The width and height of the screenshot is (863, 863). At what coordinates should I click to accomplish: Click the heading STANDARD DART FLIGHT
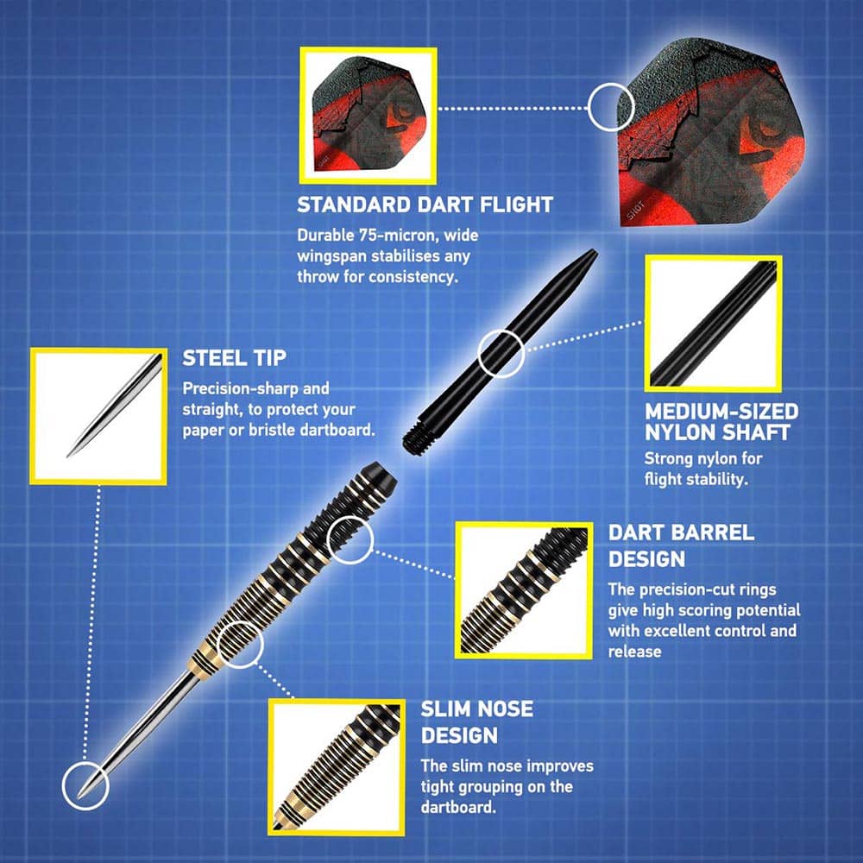(425, 205)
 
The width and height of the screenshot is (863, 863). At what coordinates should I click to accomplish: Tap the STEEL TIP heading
(234, 358)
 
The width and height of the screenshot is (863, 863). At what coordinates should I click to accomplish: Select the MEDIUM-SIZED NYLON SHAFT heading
(721, 422)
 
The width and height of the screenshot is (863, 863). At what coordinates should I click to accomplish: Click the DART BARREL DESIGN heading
(681, 545)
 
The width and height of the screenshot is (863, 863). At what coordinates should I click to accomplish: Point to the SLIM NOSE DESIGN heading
(476, 721)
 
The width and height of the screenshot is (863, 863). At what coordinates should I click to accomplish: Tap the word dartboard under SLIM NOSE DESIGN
(458, 808)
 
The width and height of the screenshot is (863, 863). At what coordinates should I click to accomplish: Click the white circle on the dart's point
(85, 786)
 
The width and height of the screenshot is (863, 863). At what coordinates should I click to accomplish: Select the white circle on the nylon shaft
(501, 353)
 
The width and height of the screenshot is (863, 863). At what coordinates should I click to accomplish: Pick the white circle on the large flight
(612, 107)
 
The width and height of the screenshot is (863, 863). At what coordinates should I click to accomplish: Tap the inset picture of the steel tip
(98, 416)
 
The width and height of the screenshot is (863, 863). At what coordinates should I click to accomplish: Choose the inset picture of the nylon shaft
(714, 323)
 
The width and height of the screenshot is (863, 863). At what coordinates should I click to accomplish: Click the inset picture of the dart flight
(369, 116)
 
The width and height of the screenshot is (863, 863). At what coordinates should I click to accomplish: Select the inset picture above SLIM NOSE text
(337, 767)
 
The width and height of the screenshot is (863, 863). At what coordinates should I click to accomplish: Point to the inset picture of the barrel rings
(524, 590)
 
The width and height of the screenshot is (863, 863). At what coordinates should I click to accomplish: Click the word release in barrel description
(634, 652)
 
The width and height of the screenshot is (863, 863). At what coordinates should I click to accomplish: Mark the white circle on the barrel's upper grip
(350, 540)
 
